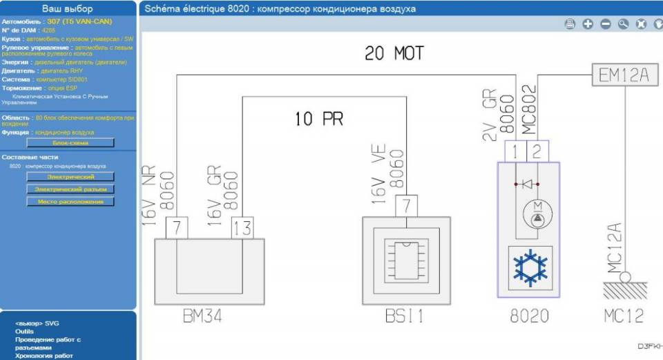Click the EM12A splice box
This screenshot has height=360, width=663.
624,75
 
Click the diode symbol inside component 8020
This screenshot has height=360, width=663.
527,184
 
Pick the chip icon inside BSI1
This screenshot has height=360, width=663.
406,261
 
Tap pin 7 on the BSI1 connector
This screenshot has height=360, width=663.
406,205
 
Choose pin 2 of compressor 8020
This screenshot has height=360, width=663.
537,151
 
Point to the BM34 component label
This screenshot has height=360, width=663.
203,316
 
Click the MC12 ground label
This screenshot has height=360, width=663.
623,316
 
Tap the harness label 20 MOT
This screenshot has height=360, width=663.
394,53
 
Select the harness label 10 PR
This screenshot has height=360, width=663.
318,119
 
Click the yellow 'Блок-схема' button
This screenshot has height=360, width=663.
70,142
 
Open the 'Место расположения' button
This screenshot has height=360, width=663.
70,201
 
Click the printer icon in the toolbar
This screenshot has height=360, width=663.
570,24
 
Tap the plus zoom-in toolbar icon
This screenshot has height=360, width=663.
588,24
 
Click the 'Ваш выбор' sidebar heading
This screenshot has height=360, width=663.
68,9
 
